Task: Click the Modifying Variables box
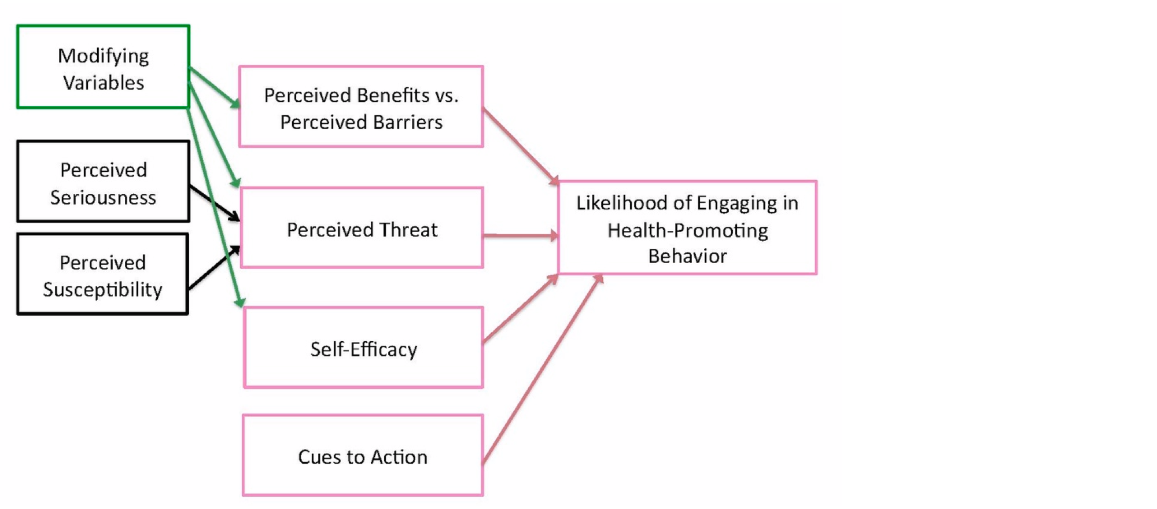pos(103,67)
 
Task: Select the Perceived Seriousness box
pos(103,181)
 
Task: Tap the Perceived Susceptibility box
pos(102,274)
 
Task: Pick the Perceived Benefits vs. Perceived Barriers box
pos(361,106)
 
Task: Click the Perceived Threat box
pos(362,227)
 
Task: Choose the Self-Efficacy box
pos(363,347)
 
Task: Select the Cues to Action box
pos(363,455)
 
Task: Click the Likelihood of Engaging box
pos(687,227)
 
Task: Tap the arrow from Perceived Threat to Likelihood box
pos(519,235)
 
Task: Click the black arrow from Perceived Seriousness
pos(214,202)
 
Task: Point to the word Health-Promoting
pos(687,230)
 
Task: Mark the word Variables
pos(104,83)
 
